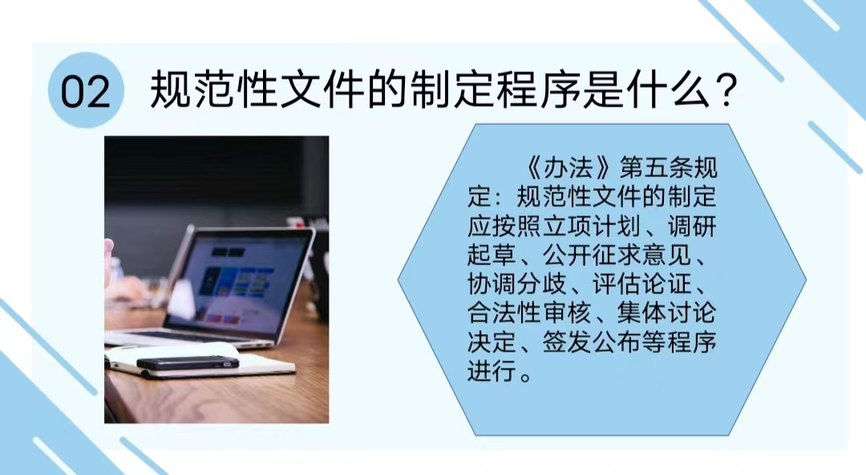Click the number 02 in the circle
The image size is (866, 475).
(86, 91)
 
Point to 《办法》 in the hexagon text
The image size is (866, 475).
(569, 167)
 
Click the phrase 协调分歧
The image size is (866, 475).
(516, 284)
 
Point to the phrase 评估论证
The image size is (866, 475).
(641, 284)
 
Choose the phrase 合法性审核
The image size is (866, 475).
(528, 313)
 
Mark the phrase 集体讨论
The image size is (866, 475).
(666, 313)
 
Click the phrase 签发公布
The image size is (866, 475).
(592, 342)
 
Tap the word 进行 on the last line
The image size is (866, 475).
(492, 372)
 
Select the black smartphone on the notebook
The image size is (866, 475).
(188, 362)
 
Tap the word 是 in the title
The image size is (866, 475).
(603, 90)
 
